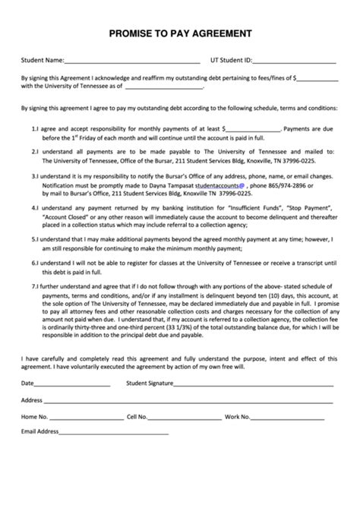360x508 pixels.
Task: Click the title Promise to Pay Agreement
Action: tap(179, 33)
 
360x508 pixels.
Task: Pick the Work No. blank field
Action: tap(289, 417)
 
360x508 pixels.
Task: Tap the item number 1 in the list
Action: tap(35, 130)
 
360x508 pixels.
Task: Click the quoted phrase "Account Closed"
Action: tap(65, 214)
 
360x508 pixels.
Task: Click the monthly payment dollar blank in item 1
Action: tap(254, 130)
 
